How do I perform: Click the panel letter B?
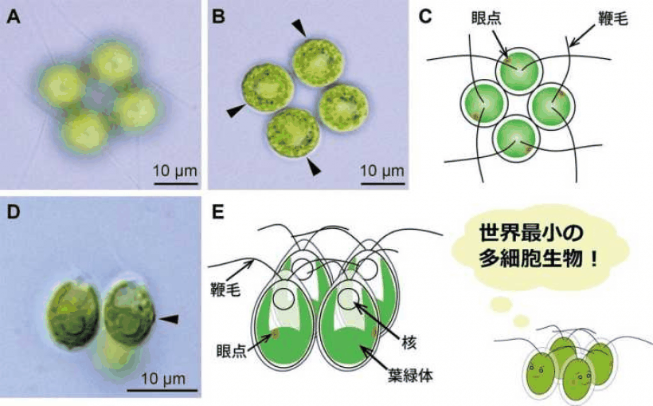point(218,17)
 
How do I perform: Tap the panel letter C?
point(424,17)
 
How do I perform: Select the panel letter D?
point(14,212)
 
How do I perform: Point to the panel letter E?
point(218,212)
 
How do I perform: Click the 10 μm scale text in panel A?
point(175,171)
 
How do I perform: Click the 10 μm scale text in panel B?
point(382,171)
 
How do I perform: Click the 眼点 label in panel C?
point(486,18)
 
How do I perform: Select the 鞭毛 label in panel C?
point(612,19)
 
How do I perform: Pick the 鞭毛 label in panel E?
point(225,289)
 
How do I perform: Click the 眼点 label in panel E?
point(231,351)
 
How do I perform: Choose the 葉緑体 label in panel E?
point(410,375)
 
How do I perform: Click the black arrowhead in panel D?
point(170,319)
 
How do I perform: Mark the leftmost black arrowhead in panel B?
point(237,111)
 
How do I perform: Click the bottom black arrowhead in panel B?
point(314,167)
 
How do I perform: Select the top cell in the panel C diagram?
point(519,69)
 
